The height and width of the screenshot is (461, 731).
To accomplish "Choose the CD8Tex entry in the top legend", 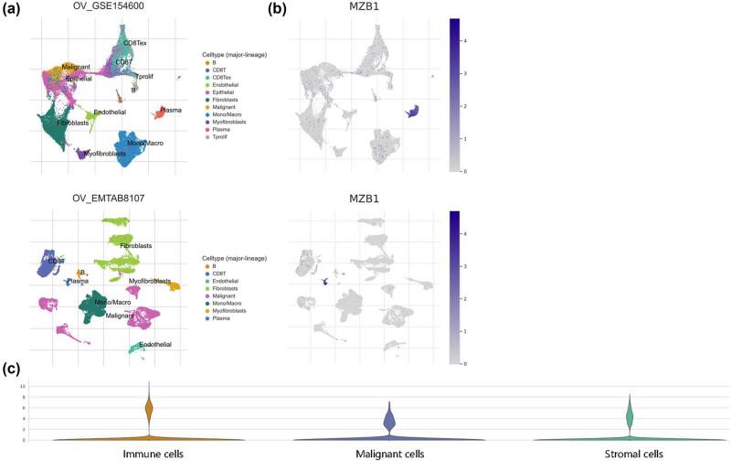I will pyautogui.click(x=224, y=77).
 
